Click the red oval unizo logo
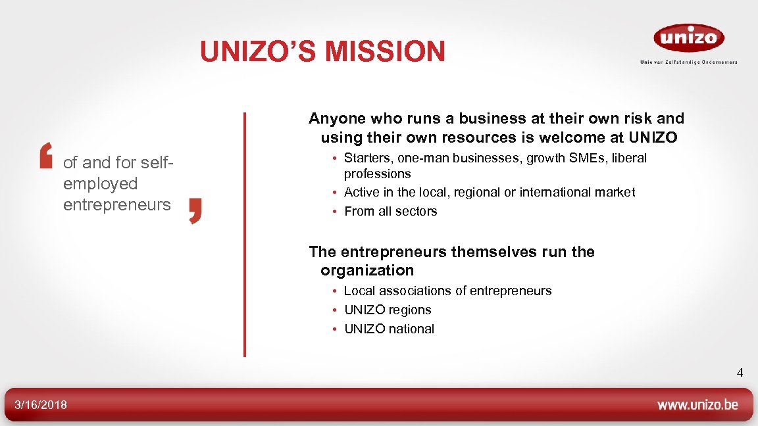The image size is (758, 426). click(x=689, y=37)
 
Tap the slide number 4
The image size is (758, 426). click(x=740, y=373)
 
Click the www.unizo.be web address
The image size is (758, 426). click(x=697, y=405)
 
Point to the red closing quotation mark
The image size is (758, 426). click(x=195, y=210)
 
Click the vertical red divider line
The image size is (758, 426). click(x=245, y=234)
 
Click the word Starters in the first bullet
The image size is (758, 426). click(x=366, y=158)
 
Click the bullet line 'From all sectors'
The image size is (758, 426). click(x=390, y=211)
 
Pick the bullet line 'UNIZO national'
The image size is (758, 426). click(x=389, y=329)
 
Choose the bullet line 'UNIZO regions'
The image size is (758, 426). click(x=388, y=310)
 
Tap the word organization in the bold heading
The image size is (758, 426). click(x=367, y=270)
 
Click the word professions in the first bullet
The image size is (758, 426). click(x=377, y=174)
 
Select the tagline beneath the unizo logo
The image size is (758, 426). click(x=689, y=62)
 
